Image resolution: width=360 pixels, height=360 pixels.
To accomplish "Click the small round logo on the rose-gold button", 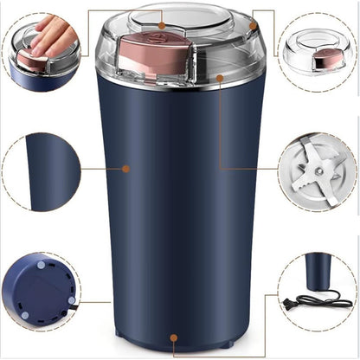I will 160,26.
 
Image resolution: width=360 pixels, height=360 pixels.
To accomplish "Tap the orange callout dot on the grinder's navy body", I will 125,168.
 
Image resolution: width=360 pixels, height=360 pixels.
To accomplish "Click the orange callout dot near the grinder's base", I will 174,338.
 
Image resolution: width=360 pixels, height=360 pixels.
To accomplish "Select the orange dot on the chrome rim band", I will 221,78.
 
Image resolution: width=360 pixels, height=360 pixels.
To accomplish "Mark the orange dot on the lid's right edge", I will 253,26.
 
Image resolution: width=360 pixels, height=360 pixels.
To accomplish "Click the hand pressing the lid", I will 52,32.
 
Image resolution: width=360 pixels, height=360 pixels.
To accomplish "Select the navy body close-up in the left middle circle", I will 48,171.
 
